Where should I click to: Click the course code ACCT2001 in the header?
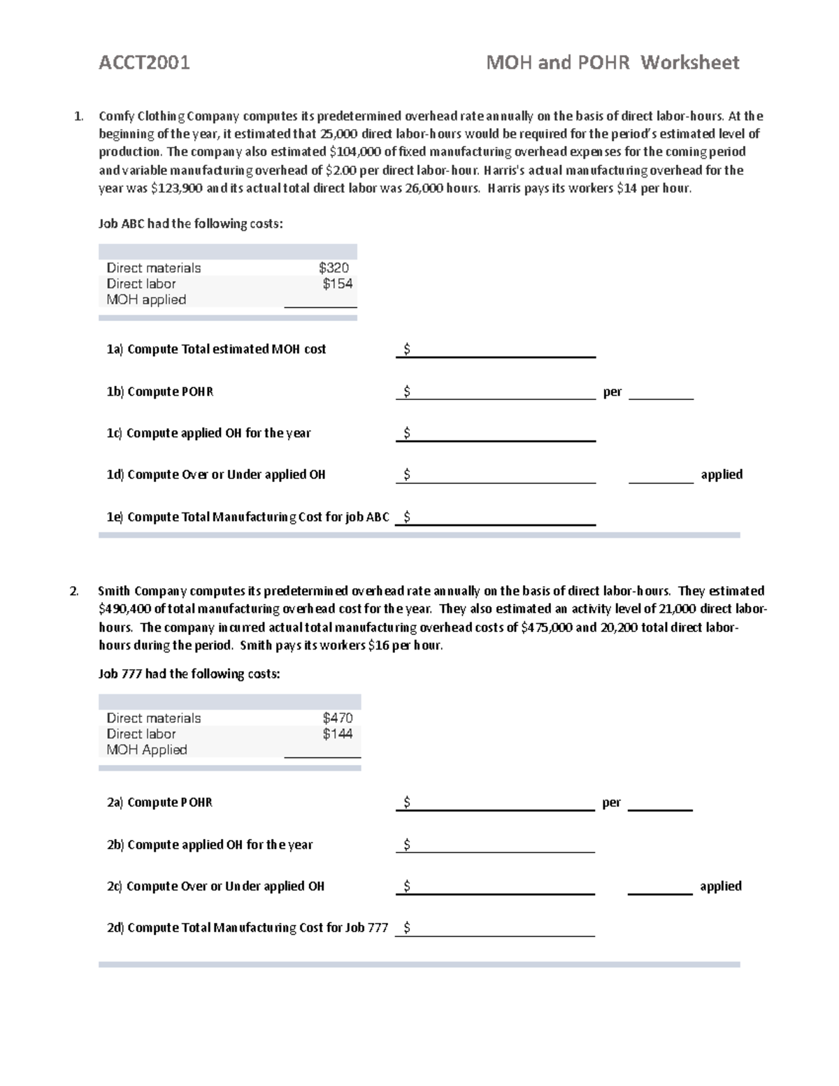tap(144, 63)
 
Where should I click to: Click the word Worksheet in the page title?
tap(689, 63)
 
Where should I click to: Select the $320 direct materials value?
tap(334, 268)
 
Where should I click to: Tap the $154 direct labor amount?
tap(337, 284)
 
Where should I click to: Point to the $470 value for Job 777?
tap(337, 718)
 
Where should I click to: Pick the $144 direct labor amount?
tap(337, 734)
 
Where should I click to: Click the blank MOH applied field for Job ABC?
tap(320, 301)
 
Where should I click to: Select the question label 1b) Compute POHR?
tap(159, 392)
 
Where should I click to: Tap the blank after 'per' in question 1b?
tap(661, 393)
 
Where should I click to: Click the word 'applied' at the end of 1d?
tap(722, 474)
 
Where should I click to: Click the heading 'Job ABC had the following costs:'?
tap(191, 224)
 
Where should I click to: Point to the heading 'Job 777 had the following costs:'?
tap(189, 674)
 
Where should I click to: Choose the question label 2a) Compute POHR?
tap(159, 803)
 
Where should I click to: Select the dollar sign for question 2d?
tap(407, 928)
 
